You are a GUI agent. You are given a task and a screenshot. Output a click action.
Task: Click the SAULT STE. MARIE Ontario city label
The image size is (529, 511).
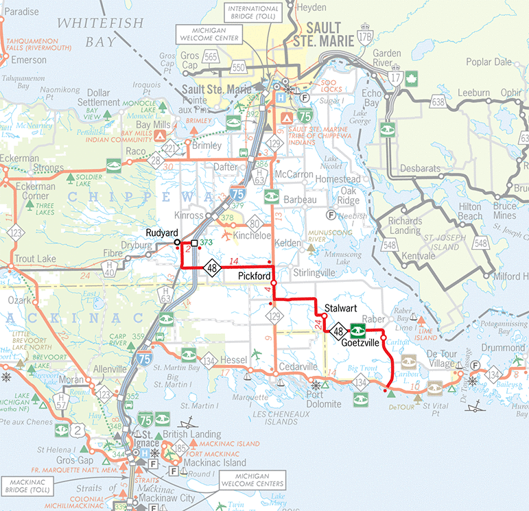tap(331, 34)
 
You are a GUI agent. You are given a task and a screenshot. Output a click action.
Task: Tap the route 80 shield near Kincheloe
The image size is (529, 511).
tap(255, 224)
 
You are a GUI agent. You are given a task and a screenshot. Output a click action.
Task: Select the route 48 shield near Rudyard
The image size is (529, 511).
tap(213, 268)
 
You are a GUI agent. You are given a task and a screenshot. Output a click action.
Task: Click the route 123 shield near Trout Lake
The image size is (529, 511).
tap(15, 233)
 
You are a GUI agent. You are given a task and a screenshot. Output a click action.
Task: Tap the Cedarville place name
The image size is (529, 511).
tap(298, 366)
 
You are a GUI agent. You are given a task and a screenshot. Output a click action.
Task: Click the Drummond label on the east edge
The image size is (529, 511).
tap(504, 348)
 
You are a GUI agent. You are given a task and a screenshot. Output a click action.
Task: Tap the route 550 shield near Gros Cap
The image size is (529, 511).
tap(239, 67)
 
